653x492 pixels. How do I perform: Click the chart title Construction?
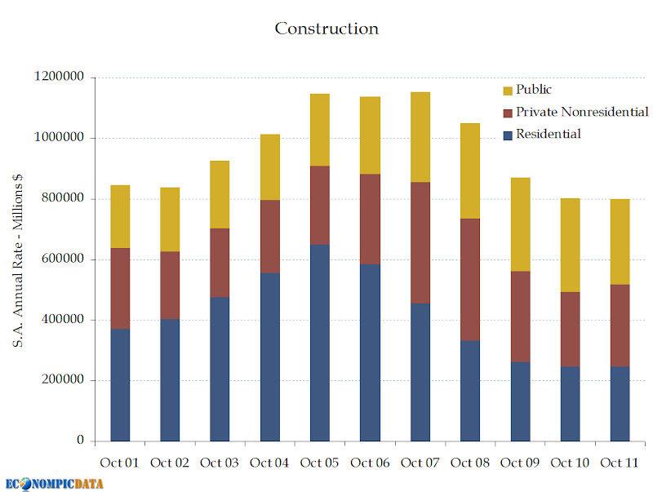pos(326,29)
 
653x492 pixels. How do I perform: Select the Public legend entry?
pos(534,90)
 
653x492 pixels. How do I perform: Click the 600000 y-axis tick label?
pos(63,259)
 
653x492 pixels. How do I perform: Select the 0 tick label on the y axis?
pos(80,441)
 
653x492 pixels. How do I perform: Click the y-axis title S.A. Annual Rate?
pos(17,259)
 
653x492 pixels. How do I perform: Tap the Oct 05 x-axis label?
pos(320,463)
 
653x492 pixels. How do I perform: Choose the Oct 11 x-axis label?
pos(620,463)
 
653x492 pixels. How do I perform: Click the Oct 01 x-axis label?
pos(120,463)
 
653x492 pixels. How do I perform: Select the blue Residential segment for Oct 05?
pos(320,343)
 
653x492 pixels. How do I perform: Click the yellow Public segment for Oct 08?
pos(470,171)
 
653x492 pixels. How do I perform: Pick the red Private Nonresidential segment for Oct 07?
pos(420,242)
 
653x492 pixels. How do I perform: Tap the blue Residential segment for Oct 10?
pos(570,404)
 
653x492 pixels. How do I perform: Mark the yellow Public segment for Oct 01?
pos(120,216)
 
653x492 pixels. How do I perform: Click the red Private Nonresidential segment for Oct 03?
pos(220,262)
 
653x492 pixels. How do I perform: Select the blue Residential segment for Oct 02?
pos(170,379)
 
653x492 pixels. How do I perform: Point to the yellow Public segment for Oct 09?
pos(520,224)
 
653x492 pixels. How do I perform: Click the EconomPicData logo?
pos(55,482)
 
